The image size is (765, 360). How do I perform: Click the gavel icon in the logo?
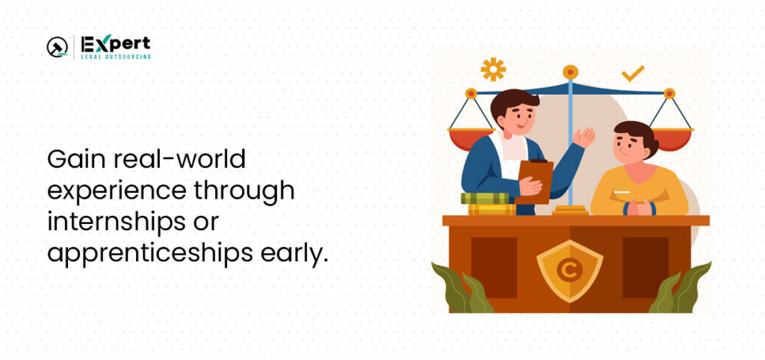[57, 47]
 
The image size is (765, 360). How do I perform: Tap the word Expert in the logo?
[116, 44]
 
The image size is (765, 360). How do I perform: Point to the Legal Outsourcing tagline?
[116, 57]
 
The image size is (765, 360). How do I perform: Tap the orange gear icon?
[493, 69]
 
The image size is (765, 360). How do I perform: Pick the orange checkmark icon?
[633, 74]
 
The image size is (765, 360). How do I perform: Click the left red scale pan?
[471, 138]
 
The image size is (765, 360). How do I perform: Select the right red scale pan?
[672, 139]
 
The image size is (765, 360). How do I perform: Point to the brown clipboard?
[534, 181]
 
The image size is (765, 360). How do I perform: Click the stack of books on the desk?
[489, 204]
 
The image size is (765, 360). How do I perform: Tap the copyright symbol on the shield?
[569, 270]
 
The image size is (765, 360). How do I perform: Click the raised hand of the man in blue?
[584, 137]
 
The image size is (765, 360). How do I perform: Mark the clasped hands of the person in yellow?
[639, 208]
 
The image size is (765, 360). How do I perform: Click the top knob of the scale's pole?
[570, 72]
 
